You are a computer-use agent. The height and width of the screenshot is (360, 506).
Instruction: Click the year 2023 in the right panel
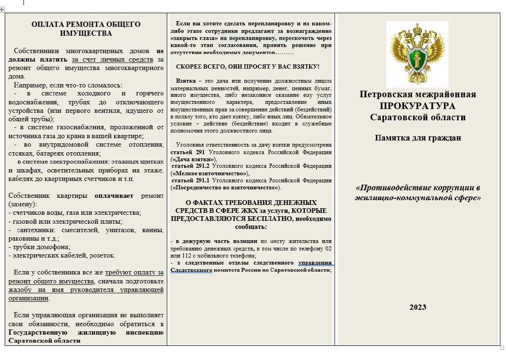click(x=418, y=307)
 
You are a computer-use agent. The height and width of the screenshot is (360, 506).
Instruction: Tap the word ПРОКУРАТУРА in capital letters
click(x=418, y=106)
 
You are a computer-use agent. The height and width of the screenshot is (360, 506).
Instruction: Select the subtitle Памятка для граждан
click(x=418, y=138)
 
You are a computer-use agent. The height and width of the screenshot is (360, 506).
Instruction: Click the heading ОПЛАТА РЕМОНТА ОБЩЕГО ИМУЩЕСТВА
click(x=86, y=29)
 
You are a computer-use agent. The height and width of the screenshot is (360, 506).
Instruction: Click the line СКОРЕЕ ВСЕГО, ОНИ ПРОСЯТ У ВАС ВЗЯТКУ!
click(x=248, y=67)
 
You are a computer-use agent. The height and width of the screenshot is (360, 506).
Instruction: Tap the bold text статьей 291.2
click(x=190, y=166)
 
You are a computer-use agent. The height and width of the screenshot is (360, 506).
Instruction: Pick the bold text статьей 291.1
click(x=190, y=180)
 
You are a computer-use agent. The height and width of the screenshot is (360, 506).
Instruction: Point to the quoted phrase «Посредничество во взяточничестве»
click(x=225, y=188)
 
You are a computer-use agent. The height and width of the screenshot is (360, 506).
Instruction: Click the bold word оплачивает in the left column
click(x=114, y=196)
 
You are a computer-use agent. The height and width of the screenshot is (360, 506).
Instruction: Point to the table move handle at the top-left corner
click(x=2, y=10)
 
